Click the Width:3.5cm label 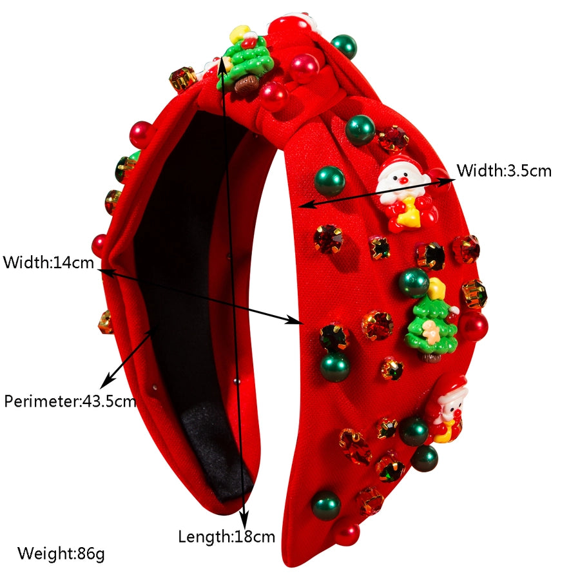pyautogui.click(x=504, y=171)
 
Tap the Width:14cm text pyautogui.click(x=48, y=263)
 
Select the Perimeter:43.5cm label pyautogui.click(x=70, y=401)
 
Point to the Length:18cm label pyautogui.click(x=226, y=536)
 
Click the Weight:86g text pyautogui.click(x=61, y=553)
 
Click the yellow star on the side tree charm pyautogui.click(x=437, y=287)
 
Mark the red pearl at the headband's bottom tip pyautogui.click(x=347, y=533)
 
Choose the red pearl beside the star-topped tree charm pyautogui.click(x=474, y=326)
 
